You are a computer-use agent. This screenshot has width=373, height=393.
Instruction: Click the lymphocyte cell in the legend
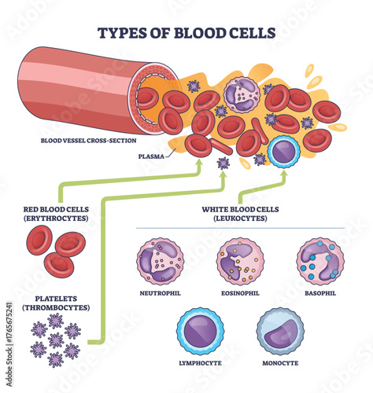click(199, 331)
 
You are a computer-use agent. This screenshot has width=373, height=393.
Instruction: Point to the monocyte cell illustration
click(279, 331)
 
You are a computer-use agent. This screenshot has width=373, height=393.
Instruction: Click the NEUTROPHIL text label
click(161, 294)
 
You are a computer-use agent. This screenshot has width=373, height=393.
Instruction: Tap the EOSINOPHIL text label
click(240, 294)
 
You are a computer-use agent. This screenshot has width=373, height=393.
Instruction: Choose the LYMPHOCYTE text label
click(199, 363)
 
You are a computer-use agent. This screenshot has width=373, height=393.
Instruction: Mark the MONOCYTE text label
click(279, 363)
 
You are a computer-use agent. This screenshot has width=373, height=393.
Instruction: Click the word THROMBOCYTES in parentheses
click(55, 307)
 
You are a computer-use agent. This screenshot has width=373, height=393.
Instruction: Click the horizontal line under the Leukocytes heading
click(240, 228)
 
